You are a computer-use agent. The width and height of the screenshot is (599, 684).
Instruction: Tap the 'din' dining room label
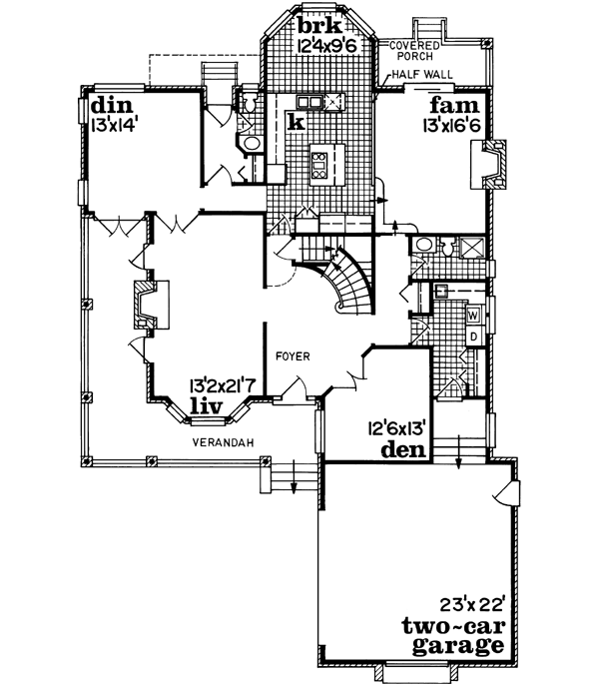click(x=108, y=106)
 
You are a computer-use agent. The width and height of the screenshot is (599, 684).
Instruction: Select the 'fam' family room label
click(x=450, y=106)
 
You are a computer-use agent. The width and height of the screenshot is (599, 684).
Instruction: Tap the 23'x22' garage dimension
click(x=470, y=603)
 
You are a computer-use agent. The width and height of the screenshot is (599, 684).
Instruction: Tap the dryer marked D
click(x=475, y=337)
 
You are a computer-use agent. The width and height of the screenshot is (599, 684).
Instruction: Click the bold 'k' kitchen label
click(x=297, y=121)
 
